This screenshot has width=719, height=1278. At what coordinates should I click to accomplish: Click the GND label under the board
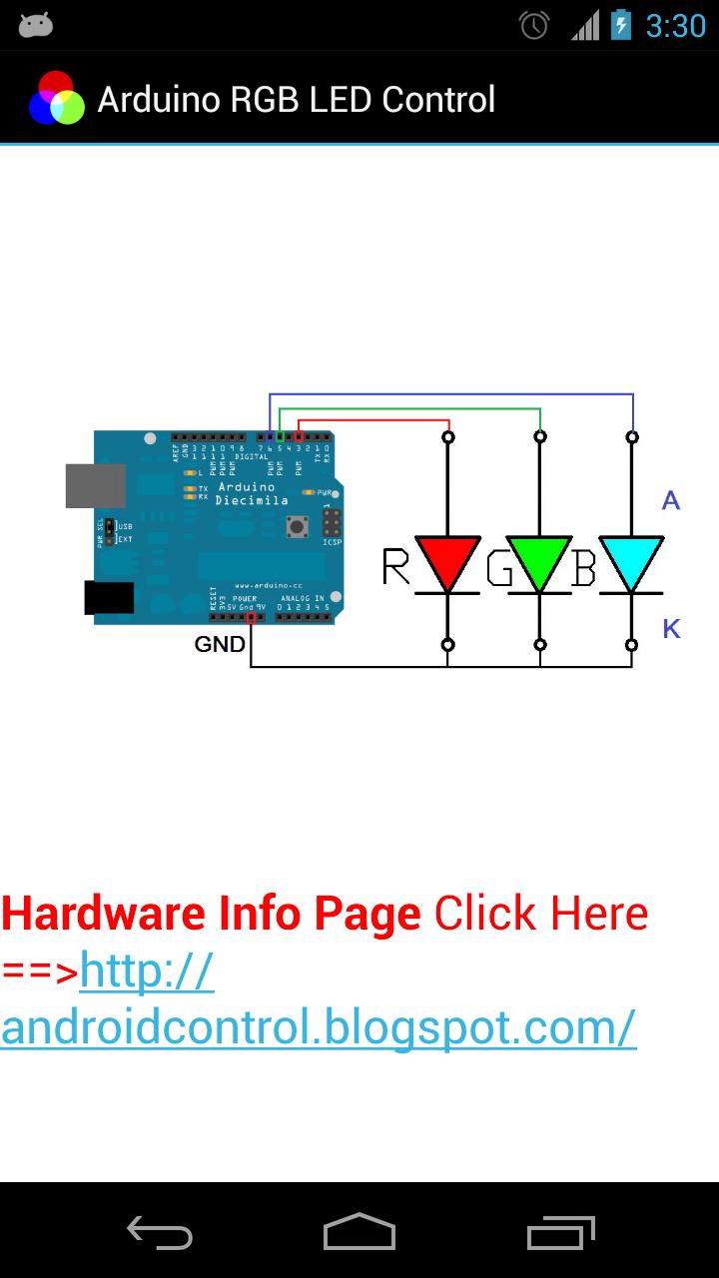click(x=220, y=645)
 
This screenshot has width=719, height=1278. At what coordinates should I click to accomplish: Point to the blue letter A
click(x=671, y=500)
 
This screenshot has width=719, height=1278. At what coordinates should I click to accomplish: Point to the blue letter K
click(x=671, y=629)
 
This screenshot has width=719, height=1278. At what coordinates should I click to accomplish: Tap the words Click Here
click(x=540, y=913)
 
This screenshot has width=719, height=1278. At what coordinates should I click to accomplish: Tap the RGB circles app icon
click(x=56, y=99)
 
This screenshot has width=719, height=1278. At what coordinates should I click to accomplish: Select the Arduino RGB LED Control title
click(x=297, y=100)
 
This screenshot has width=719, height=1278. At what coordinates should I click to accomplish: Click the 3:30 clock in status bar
click(x=675, y=26)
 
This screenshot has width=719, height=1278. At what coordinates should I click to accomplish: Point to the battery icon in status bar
click(x=621, y=25)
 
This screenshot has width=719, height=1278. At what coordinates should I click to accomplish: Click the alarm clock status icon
click(x=535, y=25)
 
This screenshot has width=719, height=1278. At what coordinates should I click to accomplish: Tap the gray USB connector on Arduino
click(x=96, y=485)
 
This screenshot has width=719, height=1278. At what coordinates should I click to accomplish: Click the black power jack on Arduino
click(x=109, y=597)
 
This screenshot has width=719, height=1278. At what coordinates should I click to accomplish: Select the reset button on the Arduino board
click(x=296, y=525)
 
